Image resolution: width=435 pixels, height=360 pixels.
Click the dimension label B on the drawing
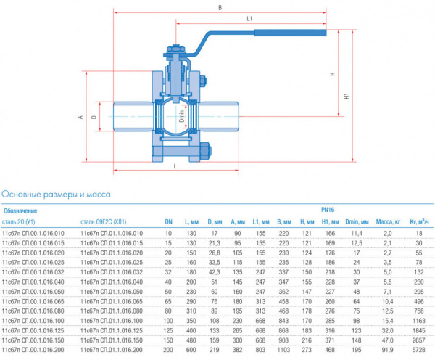click(220, 8)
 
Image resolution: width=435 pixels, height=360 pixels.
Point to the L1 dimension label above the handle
click(249, 17)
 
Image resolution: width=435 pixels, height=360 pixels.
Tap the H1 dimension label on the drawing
click(347, 95)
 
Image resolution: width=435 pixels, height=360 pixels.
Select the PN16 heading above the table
click(328, 210)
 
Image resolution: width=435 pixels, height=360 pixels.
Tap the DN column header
click(167, 221)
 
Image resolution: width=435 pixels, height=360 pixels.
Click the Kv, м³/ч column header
click(420, 221)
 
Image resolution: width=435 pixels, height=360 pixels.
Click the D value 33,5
click(214, 261)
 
